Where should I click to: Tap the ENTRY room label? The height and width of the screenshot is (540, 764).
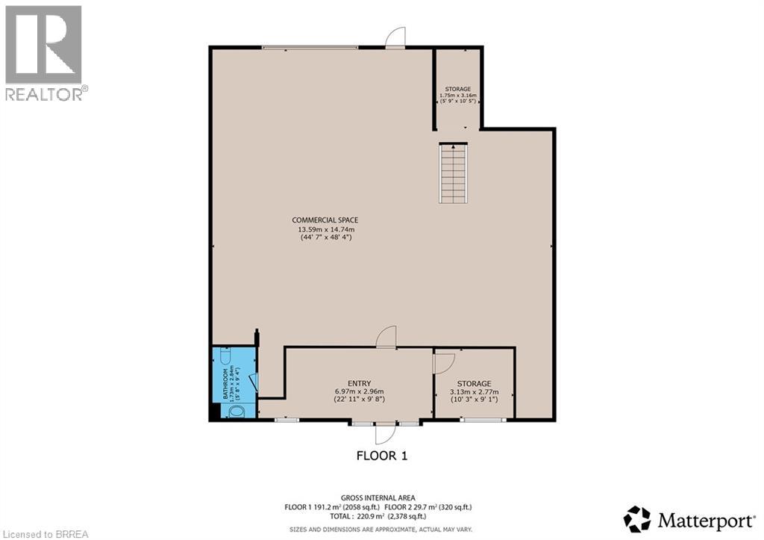(x=359, y=383)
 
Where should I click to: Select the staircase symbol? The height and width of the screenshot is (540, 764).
(x=453, y=174)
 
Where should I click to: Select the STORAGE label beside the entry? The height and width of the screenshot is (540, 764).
(x=474, y=383)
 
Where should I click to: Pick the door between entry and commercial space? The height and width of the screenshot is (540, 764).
(x=386, y=338)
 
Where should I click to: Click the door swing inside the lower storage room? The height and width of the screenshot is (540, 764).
(x=443, y=363)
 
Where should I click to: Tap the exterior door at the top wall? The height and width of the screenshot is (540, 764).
(x=395, y=38)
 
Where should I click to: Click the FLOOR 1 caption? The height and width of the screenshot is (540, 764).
(x=382, y=455)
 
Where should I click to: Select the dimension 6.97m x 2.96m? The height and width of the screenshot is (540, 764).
(x=359, y=391)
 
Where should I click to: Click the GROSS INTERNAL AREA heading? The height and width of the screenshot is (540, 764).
(x=378, y=497)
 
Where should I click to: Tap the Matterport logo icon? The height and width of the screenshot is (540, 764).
(x=637, y=518)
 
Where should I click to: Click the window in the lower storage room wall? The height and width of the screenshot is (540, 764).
(x=483, y=420)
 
